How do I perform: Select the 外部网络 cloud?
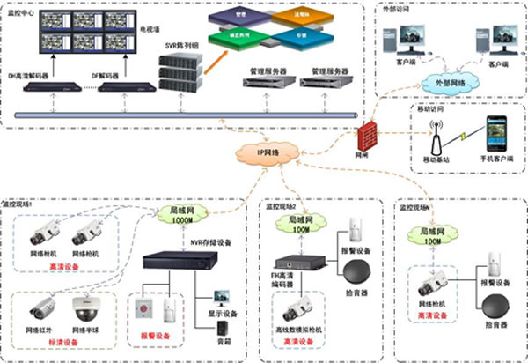point(447,80)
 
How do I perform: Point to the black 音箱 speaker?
point(220,330)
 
